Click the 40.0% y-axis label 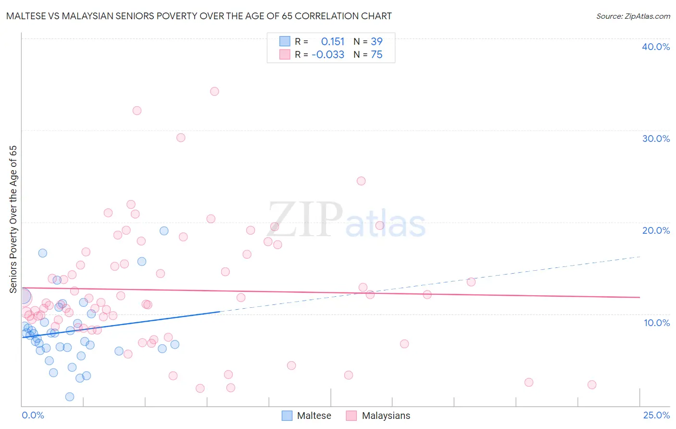656,47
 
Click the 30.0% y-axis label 656,139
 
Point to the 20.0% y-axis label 656,230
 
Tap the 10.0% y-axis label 657,322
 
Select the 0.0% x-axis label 33,415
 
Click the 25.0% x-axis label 656,415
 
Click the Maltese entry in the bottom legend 314,416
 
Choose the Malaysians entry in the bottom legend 386,416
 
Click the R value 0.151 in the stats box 333,42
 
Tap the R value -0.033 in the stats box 328,55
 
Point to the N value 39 376,42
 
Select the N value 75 376,55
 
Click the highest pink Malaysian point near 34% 214,91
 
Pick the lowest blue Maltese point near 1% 70,397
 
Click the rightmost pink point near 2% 592,385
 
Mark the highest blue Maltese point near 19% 164,231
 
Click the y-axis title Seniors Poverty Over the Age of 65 13,219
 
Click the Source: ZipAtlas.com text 633,16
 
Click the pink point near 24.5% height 361,181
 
